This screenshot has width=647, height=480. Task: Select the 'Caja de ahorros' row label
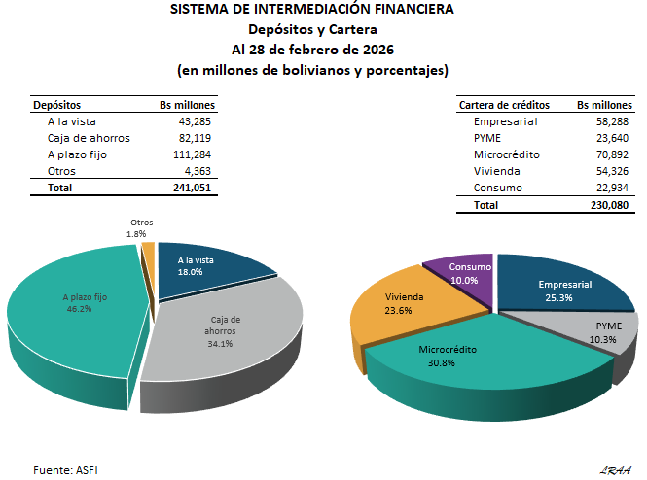click(x=89, y=138)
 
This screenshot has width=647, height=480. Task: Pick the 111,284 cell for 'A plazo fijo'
click(x=192, y=154)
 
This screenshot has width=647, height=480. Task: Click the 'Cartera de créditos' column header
click(x=504, y=104)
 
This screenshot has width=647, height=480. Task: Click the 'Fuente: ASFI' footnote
click(x=65, y=470)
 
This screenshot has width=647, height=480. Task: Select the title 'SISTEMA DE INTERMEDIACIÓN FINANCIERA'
click(x=311, y=10)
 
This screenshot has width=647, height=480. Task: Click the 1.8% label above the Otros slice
click(x=135, y=234)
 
